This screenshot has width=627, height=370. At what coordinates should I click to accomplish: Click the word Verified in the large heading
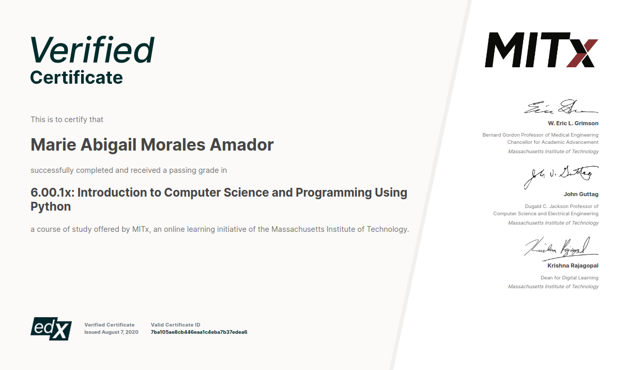click(92, 50)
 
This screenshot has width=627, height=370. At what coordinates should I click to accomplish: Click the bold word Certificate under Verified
click(77, 78)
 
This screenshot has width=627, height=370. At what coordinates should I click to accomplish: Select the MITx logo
click(541, 50)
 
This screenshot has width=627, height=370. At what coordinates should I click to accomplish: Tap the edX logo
click(51, 328)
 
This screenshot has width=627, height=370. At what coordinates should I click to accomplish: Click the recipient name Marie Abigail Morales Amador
click(152, 145)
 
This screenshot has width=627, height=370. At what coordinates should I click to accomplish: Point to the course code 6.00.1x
click(52, 193)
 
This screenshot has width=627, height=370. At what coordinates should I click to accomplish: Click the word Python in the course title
click(51, 206)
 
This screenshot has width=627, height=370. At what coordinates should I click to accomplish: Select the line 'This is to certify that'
click(67, 120)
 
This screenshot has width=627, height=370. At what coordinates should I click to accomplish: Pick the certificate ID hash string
click(198, 332)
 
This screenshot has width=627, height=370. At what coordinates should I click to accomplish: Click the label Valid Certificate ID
click(175, 325)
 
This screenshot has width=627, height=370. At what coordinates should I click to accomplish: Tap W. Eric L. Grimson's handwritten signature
click(561, 108)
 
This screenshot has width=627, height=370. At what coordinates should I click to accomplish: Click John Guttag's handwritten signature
click(561, 176)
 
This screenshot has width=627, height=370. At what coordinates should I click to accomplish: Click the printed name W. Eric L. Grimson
click(573, 124)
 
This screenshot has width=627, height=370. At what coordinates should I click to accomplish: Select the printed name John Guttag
click(581, 195)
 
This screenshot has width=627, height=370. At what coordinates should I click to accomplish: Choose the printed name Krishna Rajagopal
click(573, 265)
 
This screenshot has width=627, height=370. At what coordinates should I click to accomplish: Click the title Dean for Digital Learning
click(569, 278)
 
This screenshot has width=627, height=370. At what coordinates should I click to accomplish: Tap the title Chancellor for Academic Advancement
click(553, 142)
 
